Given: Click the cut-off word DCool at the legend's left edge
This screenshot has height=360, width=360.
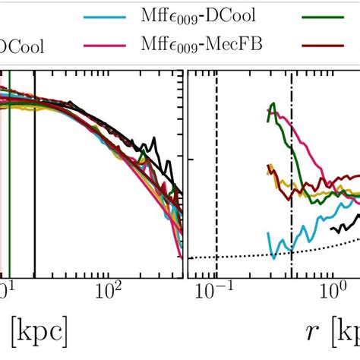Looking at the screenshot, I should point(21,46).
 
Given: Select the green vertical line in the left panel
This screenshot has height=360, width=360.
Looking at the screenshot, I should point(9,190).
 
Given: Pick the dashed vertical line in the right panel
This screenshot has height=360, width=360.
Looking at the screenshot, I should point(216,190).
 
